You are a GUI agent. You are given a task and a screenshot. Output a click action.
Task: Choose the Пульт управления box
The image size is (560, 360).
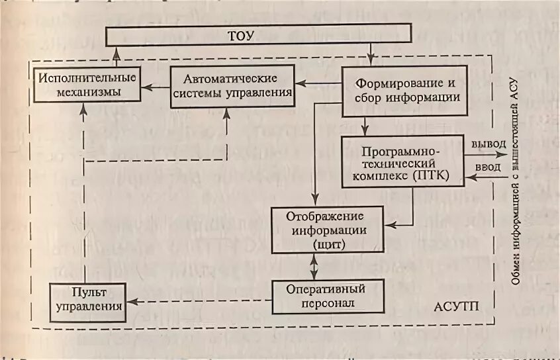coord(89,300)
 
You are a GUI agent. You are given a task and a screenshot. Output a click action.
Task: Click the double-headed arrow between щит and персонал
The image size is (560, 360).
coord(315,267)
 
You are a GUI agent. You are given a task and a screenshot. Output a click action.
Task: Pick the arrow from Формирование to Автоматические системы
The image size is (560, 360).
coord(319,83)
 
